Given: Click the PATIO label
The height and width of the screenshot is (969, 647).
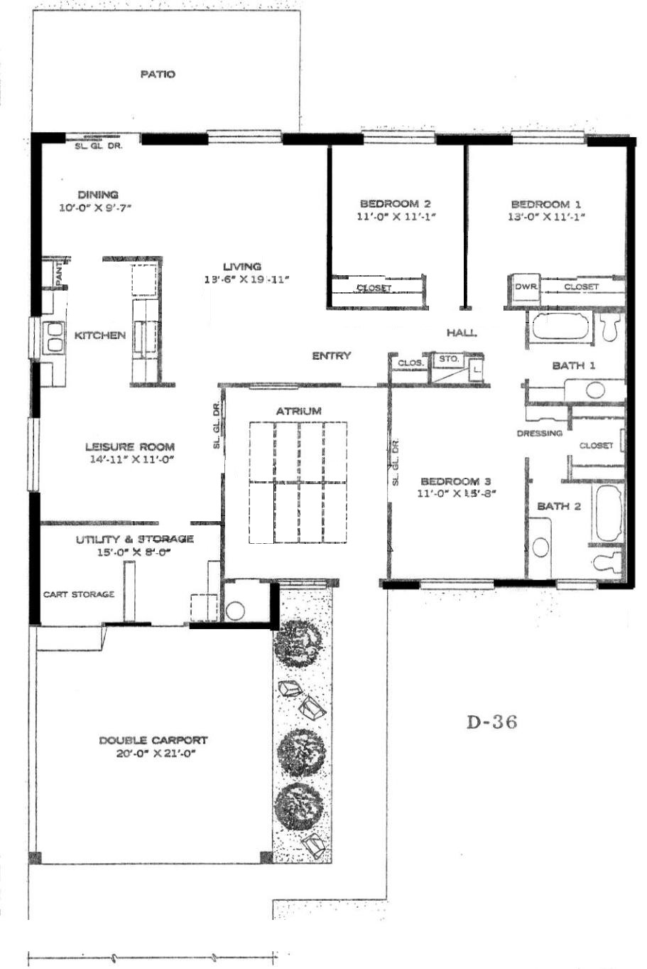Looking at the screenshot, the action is coord(158,75).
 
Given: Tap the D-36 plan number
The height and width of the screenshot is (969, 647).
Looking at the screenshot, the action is coord(492,722).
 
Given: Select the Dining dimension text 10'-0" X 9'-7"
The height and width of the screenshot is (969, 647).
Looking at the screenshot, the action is coord(95,208).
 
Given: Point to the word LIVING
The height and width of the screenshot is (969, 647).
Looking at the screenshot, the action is coord(242,267).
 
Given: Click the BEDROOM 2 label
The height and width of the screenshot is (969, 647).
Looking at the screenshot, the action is coord(396,203).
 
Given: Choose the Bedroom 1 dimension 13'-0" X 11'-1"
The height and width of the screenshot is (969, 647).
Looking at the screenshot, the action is coord(546,217).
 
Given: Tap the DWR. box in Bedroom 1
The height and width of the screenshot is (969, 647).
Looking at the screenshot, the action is coord(526,287).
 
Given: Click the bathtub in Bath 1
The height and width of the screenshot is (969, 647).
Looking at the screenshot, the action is coord(560,326).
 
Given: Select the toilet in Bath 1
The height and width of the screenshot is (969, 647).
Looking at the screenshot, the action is coord(610,327).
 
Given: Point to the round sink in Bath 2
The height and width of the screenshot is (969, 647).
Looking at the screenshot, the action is coord(540,547).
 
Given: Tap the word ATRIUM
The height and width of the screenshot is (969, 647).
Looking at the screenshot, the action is coord(299,411).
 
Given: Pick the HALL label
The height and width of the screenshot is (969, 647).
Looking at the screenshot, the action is coord(462,333).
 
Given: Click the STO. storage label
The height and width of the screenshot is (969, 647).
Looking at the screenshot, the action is coord(449,358).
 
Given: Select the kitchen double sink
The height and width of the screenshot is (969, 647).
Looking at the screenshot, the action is coord(55,337).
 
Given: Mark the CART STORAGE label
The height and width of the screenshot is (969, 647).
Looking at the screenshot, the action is coord(79,594).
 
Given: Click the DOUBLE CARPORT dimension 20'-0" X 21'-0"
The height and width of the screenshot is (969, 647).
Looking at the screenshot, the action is coord(156,753).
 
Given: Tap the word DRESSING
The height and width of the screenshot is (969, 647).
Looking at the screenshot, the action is coord(540,433).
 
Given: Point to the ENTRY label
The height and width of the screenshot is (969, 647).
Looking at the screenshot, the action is coord(332,355).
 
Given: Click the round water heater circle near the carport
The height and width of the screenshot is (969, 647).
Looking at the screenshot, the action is coord(236,611).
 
